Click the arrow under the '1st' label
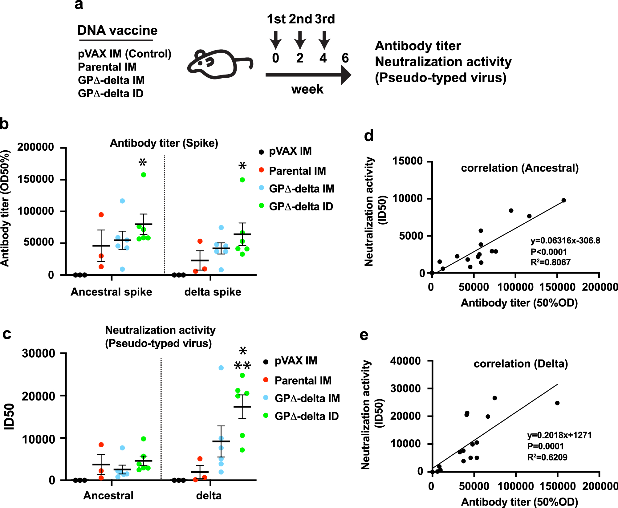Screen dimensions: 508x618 click(275, 40)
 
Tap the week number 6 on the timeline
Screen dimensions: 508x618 click(345, 58)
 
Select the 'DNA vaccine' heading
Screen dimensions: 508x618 click(117, 30)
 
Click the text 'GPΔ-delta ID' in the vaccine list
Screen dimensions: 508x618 click(111, 93)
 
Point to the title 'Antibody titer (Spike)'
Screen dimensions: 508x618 click(164, 143)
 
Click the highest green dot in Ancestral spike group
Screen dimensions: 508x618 click(144, 175)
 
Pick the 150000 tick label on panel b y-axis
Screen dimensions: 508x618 click(36, 179)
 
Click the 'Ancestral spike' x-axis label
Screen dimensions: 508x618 click(111, 292)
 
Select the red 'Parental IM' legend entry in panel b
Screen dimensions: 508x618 click(297, 171)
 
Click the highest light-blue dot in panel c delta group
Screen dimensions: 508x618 click(221, 368)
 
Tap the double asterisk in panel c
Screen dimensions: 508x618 click(242, 366)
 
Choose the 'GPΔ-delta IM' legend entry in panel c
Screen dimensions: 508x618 click(307, 398)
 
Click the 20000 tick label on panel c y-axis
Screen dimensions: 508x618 click(39, 396)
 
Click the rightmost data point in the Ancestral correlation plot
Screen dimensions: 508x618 click(564, 200)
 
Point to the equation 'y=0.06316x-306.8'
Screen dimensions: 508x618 click(565, 241)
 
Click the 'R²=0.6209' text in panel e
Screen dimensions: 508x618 click(547, 457)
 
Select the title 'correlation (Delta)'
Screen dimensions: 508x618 click(521, 364)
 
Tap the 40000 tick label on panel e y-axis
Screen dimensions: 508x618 click(405, 361)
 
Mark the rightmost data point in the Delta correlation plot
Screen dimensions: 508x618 click(557, 403)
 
